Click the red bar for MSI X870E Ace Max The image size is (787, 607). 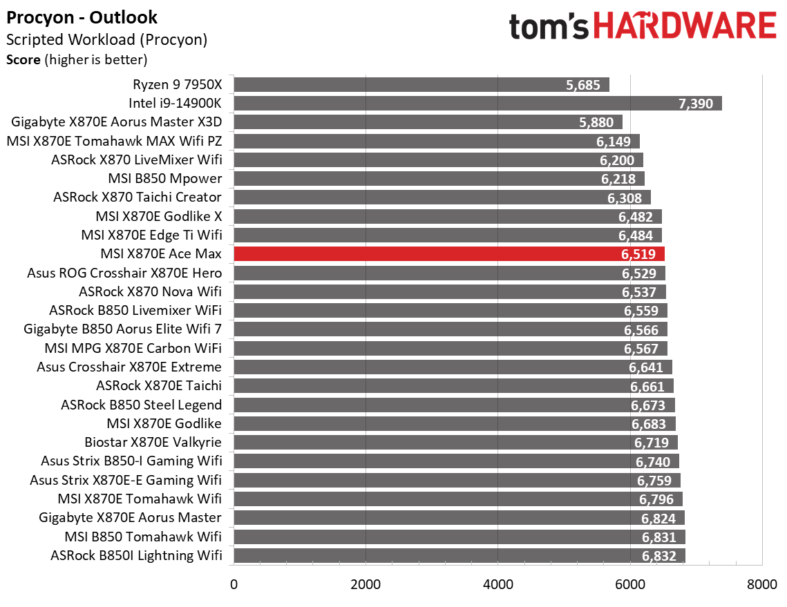pos(449,254)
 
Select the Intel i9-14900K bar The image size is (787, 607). pos(477,104)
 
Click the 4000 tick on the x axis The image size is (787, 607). pos(498,585)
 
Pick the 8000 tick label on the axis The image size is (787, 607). pos(762,585)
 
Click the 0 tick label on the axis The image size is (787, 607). pos(234,585)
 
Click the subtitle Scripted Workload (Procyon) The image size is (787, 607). pos(107,39)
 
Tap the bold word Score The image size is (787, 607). pos(23,60)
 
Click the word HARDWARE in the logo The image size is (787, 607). pos(684,27)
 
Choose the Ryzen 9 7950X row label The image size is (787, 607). pos(178,85)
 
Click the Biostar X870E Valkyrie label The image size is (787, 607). pos(153,442)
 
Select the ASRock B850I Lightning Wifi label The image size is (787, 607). pos(136,555)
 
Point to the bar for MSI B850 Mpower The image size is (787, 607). pos(439,179)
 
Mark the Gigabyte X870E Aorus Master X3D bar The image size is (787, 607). pos(428,122)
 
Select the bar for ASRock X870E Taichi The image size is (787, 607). pos(453,386)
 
